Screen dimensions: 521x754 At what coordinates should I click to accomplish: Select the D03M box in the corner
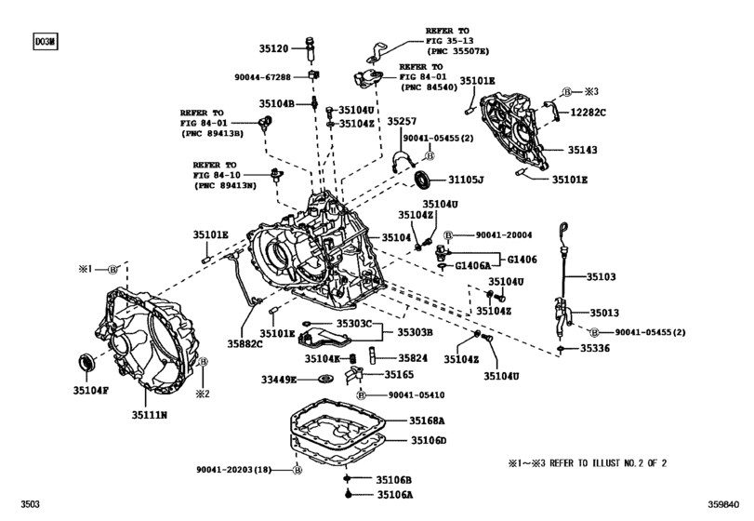[x=46, y=41]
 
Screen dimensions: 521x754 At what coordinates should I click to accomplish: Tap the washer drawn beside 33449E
[x=325, y=379]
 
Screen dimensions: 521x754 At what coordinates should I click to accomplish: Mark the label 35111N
[x=149, y=415]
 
